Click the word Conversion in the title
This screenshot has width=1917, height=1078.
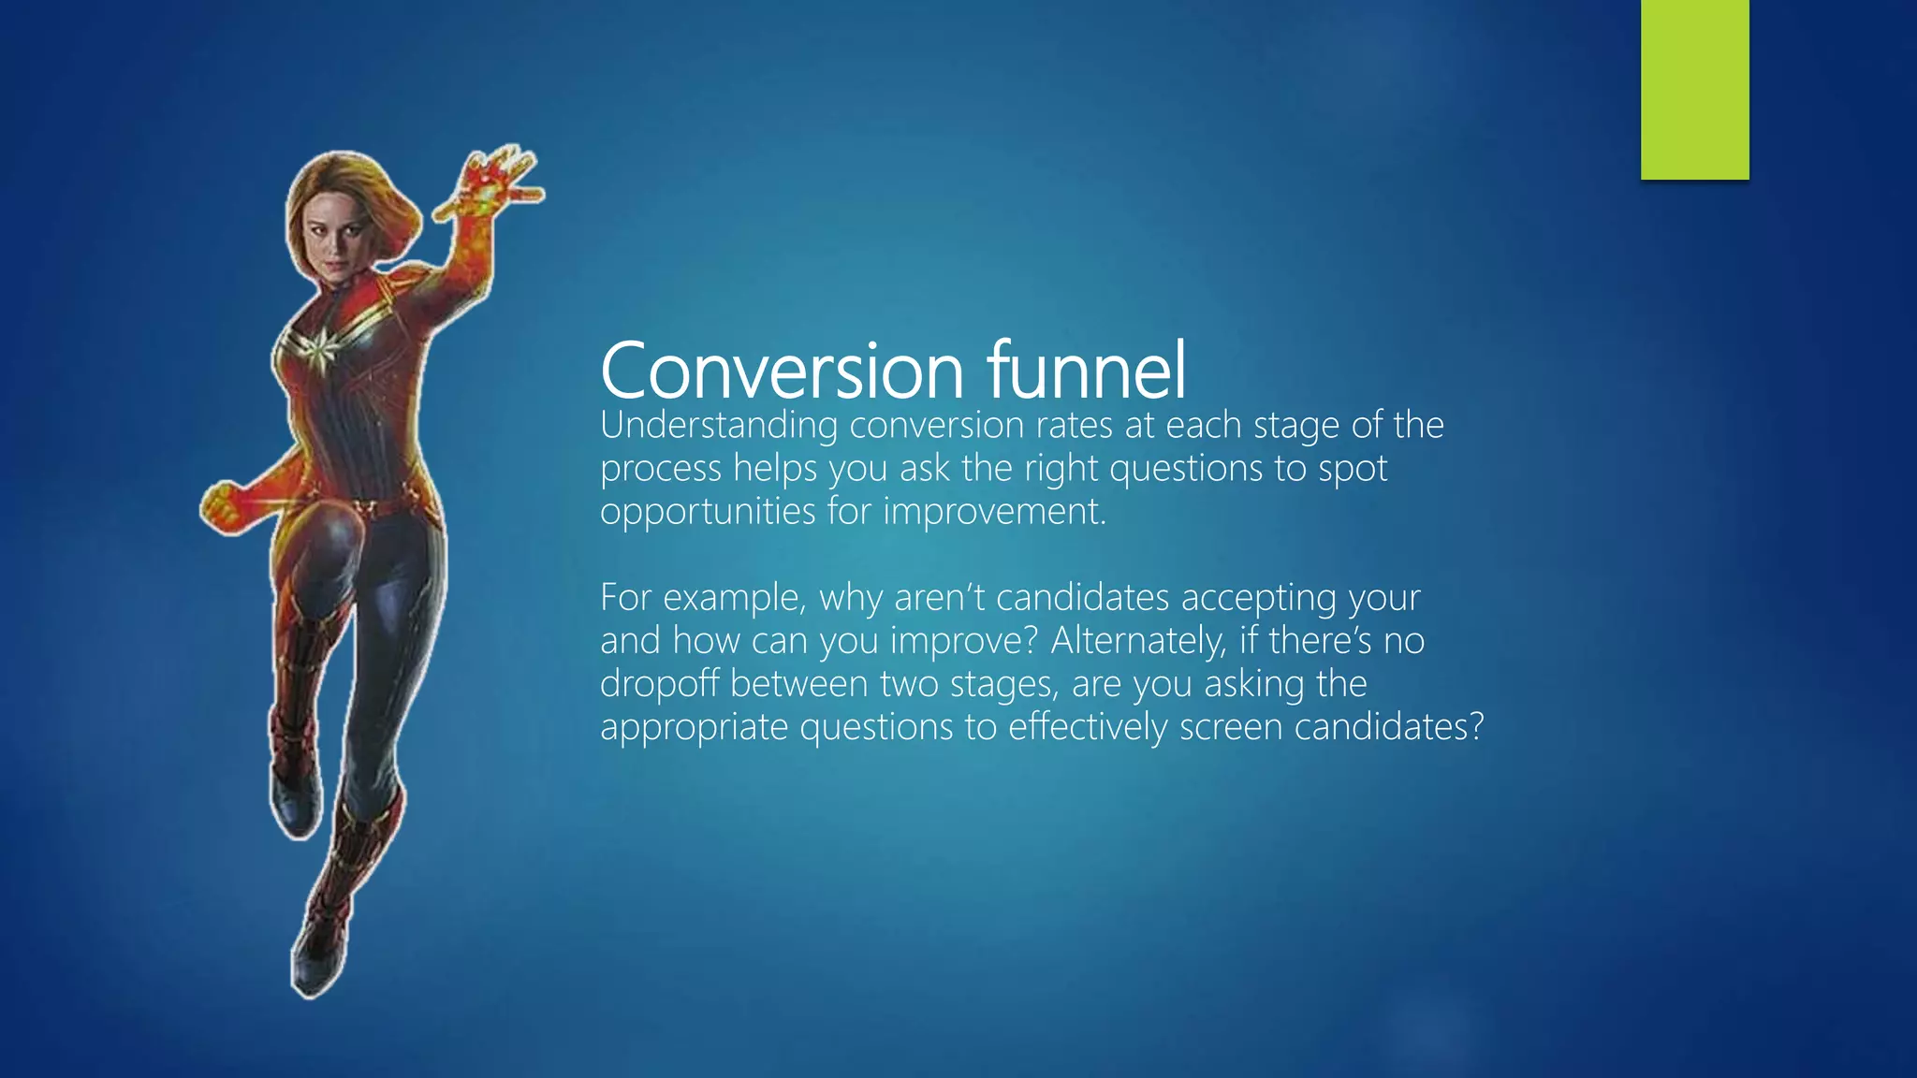[x=782, y=371]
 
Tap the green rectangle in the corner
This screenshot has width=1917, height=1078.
[x=1694, y=89]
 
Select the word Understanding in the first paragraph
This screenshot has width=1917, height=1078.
[x=719, y=426]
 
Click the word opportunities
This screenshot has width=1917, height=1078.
[x=708, y=512]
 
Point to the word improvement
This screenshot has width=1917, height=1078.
[x=994, y=512]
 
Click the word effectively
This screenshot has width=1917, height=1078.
[x=1087, y=727]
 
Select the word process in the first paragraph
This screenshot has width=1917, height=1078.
[x=660, y=469]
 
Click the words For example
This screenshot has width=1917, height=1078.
[x=701, y=598]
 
